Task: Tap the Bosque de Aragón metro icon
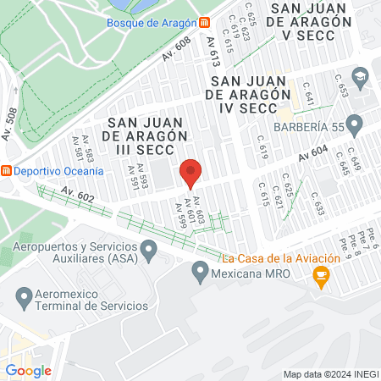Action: click(205, 22)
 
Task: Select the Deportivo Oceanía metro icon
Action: click(6, 170)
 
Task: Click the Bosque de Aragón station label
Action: click(152, 22)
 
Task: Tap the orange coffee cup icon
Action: click(321, 274)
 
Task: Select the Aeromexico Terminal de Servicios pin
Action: click(25, 298)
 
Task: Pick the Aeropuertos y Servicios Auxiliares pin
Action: click(149, 250)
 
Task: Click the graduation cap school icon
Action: click(359, 77)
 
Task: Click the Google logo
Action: click(28, 370)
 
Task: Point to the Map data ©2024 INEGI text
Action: click(330, 374)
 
